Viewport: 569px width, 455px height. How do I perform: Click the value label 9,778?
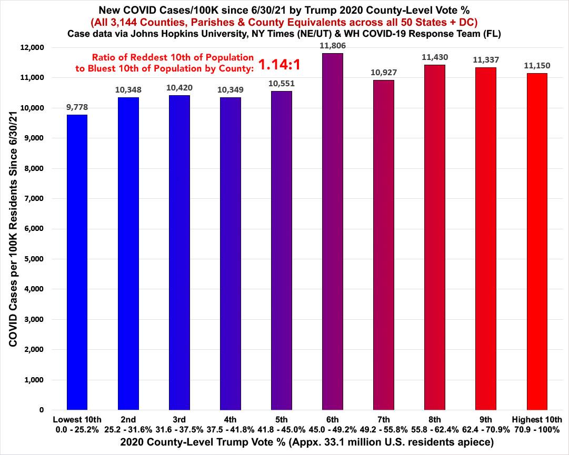pyautogui.click(x=77, y=107)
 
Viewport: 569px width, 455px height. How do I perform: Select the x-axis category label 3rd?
pyautogui.click(x=179, y=420)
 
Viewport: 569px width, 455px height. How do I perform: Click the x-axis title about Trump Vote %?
pyautogui.click(x=284, y=443)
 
